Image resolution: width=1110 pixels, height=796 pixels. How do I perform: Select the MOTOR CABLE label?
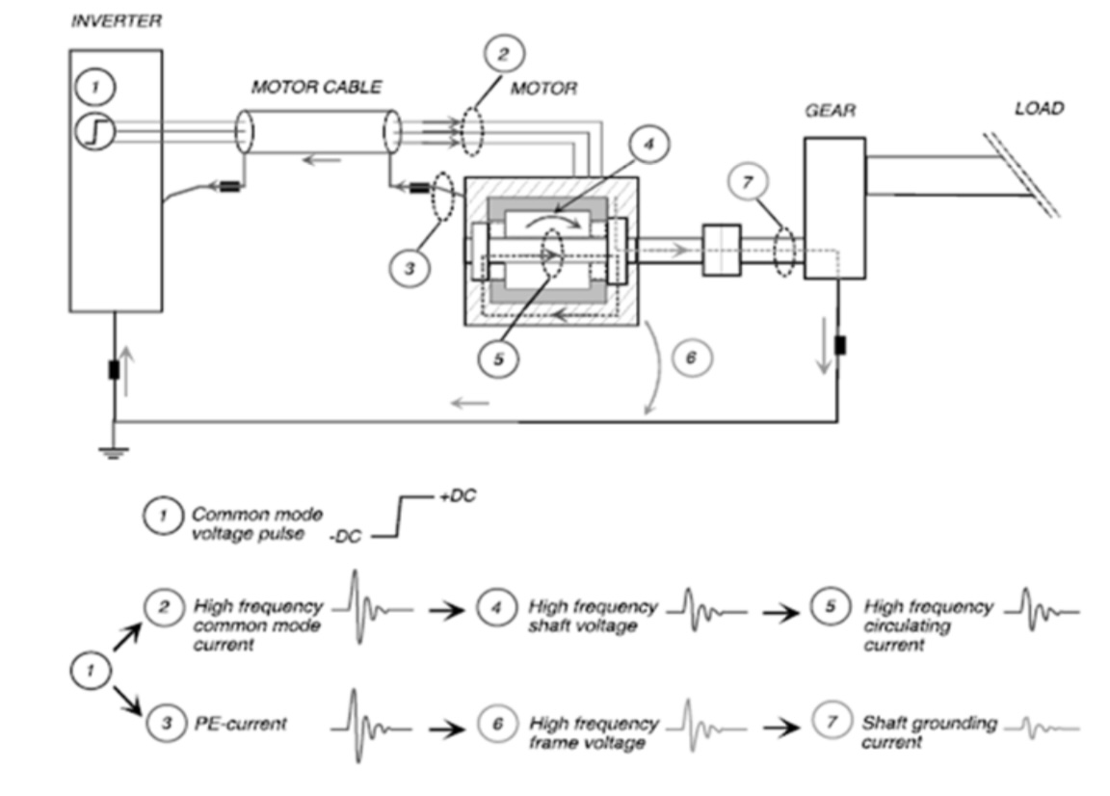(316, 87)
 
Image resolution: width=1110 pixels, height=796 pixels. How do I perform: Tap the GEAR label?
(831, 111)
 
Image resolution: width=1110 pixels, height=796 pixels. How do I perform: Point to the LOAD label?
(1039, 109)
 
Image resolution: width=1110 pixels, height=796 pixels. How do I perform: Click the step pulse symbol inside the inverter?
(97, 130)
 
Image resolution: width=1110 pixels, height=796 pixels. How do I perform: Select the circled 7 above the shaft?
(750, 180)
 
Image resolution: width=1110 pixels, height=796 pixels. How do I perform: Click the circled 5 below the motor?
(499, 358)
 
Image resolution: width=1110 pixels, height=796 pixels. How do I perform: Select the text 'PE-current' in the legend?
(240, 724)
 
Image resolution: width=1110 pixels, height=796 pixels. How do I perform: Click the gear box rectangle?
(834, 207)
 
